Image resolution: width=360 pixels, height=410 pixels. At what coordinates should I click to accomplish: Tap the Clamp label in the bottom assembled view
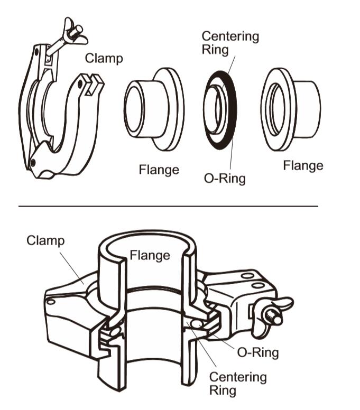45,241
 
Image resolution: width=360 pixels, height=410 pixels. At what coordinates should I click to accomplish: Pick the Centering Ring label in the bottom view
238,384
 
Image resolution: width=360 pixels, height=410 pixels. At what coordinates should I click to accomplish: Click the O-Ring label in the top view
225,179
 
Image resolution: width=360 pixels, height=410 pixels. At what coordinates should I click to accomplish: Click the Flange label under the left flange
159,170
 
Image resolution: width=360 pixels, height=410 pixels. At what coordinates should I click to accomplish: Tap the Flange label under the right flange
303,165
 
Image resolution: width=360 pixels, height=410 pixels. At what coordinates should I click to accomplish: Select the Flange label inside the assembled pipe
150,255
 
